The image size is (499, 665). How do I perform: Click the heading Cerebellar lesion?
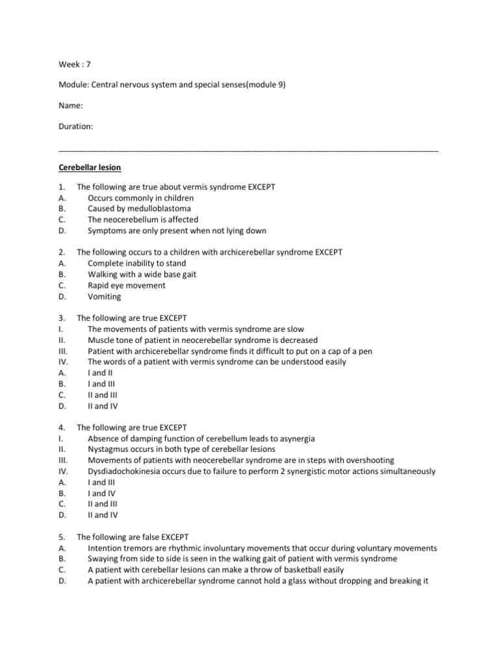(90, 167)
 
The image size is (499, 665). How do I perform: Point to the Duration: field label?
(76, 127)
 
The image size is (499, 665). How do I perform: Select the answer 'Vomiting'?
(105, 296)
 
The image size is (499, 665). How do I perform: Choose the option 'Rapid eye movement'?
(127, 285)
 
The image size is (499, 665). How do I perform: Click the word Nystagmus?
(108, 449)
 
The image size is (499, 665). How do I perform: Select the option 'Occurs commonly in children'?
(140, 197)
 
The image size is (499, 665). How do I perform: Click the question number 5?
(61, 537)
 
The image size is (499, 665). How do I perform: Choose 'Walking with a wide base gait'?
(142, 274)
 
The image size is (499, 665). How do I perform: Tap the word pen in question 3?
(366, 351)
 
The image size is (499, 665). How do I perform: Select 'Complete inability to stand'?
(137, 263)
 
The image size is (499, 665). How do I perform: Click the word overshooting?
(367, 460)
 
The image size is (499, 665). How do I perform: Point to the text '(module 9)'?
(264, 85)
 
